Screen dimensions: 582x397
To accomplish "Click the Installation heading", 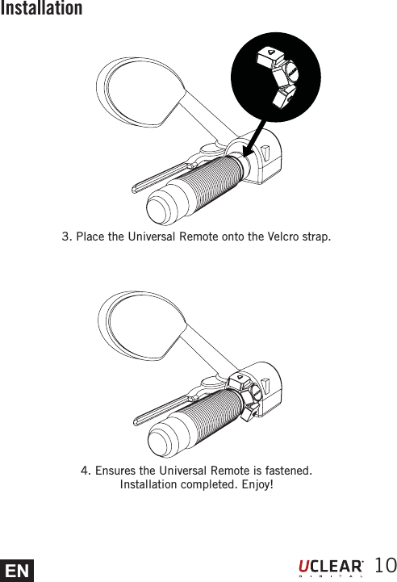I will (x=41, y=9).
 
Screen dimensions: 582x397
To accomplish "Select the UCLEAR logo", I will (x=331, y=567).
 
